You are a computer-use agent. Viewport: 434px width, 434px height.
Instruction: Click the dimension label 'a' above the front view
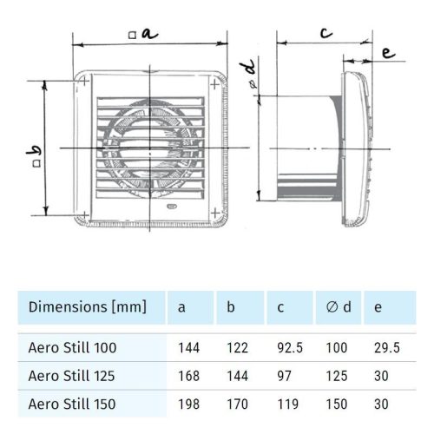(148, 34)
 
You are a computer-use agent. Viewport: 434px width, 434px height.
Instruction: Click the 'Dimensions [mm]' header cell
(88, 306)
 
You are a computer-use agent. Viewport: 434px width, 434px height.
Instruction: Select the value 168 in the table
(188, 376)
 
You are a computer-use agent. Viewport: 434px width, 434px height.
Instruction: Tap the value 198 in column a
(188, 404)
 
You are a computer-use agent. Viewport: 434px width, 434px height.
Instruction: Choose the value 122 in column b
(236, 348)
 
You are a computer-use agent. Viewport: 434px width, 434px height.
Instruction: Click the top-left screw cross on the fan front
(83, 83)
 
